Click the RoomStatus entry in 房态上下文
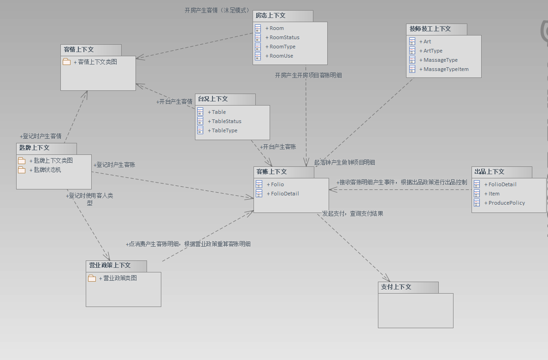284,37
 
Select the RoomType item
283,47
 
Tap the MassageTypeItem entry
446,69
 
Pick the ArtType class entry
433,51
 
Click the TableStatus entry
226,121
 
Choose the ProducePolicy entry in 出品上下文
507,203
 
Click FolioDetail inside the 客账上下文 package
285,194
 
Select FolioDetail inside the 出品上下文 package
502,184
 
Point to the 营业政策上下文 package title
110,266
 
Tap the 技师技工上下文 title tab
430,29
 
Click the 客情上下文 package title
79,49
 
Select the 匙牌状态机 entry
47,170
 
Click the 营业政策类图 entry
120,278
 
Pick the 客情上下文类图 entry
97,61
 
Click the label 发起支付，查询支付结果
353,213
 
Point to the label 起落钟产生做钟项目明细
344,162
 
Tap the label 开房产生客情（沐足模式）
217,10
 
